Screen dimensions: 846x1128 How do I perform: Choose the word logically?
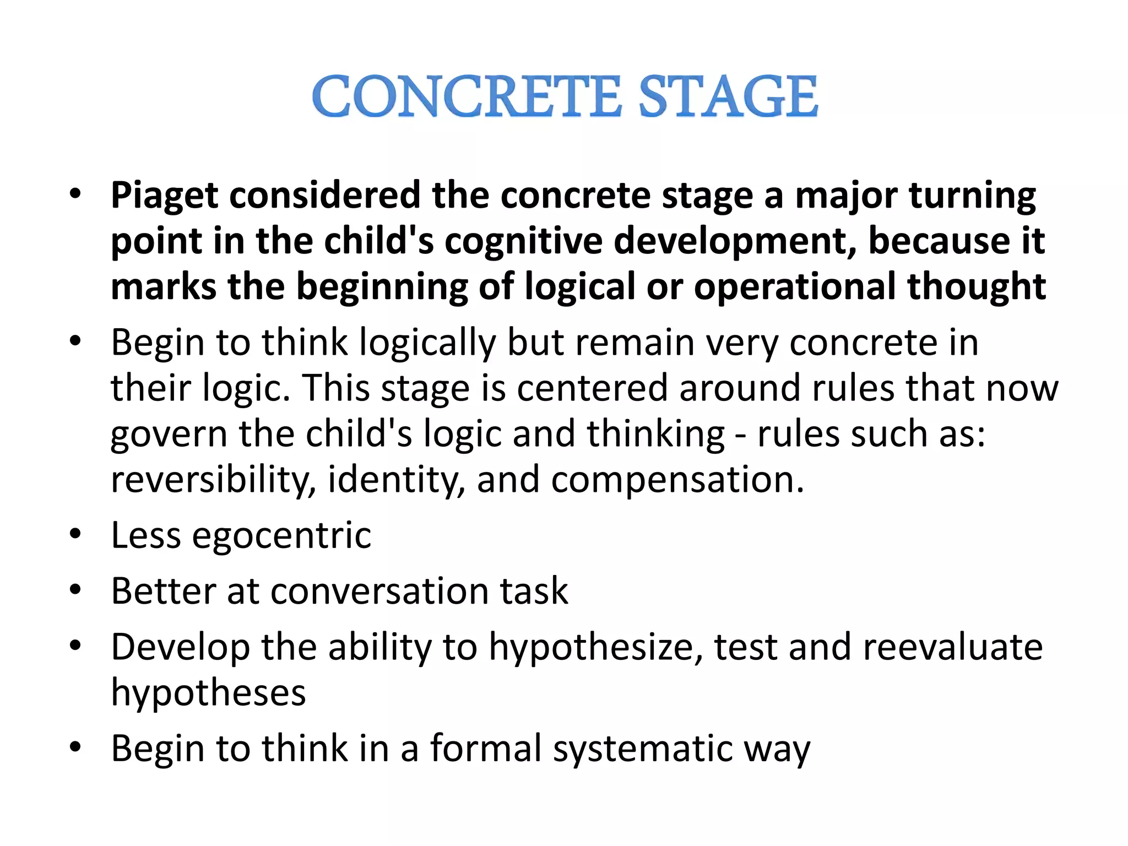[x=427, y=343]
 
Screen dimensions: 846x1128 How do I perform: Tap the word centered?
[x=592, y=388]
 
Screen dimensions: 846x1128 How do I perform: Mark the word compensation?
[x=677, y=480]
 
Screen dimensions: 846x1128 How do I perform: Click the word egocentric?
[x=281, y=535]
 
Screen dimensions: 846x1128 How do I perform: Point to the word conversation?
[x=379, y=591]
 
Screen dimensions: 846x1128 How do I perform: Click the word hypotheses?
[x=208, y=693]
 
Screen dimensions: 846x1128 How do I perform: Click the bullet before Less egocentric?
[x=75, y=534]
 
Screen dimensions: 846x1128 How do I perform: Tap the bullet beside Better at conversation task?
[x=75, y=590]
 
